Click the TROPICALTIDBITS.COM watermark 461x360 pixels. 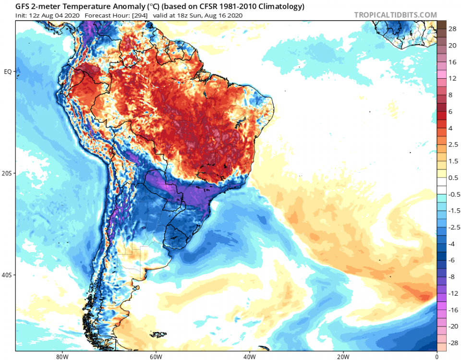coord(396,15)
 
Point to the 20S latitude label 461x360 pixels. coord(8,173)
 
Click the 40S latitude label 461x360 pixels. coord(8,275)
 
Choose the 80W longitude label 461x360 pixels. coord(61,356)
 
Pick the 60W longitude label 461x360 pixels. coord(155,356)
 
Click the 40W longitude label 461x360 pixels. coord(249,356)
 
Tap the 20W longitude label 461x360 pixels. coord(343,356)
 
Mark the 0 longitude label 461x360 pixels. coord(437,356)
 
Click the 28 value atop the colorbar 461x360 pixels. coord(452,29)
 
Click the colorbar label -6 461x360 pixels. coord(452,260)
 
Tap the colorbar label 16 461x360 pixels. coord(452,62)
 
